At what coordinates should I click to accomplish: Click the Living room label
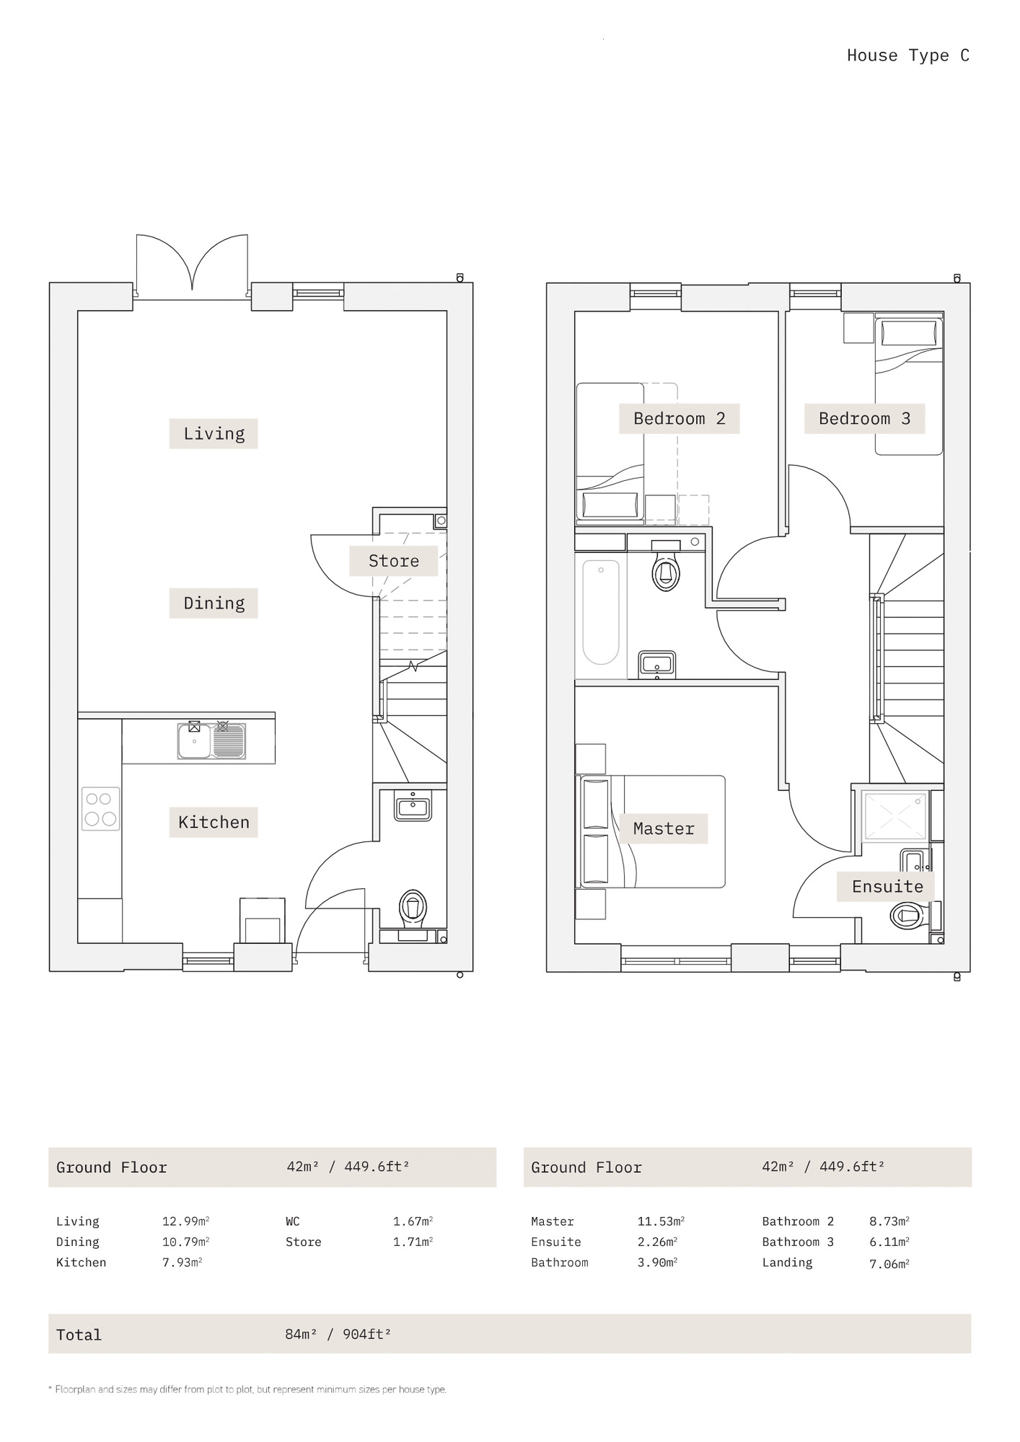pos(214,433)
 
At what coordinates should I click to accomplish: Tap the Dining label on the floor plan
pos(214,603)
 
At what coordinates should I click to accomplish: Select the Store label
pos(393,560)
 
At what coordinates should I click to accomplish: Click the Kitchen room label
pos(214,822)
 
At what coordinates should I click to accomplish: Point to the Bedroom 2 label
pos(679,418)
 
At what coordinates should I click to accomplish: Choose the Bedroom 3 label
pos(864,418)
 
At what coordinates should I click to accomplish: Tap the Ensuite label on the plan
pos(887,886)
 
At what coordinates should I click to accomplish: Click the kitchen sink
pos(211,740)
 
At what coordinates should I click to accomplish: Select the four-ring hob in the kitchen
pos(101,808)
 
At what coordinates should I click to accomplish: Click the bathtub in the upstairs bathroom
pos(601,613)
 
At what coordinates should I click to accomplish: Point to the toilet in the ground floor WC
pos(413,907)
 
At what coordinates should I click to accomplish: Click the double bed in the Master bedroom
pos(651,831)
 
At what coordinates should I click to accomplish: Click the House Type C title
pos(908,56)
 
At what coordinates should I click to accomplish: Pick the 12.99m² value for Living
pos(185,1221)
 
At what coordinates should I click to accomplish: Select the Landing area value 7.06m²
pos(889,1263)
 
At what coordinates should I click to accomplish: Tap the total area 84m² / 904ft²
pos(338,1334)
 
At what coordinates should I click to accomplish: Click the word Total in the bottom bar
pos(79,1335)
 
